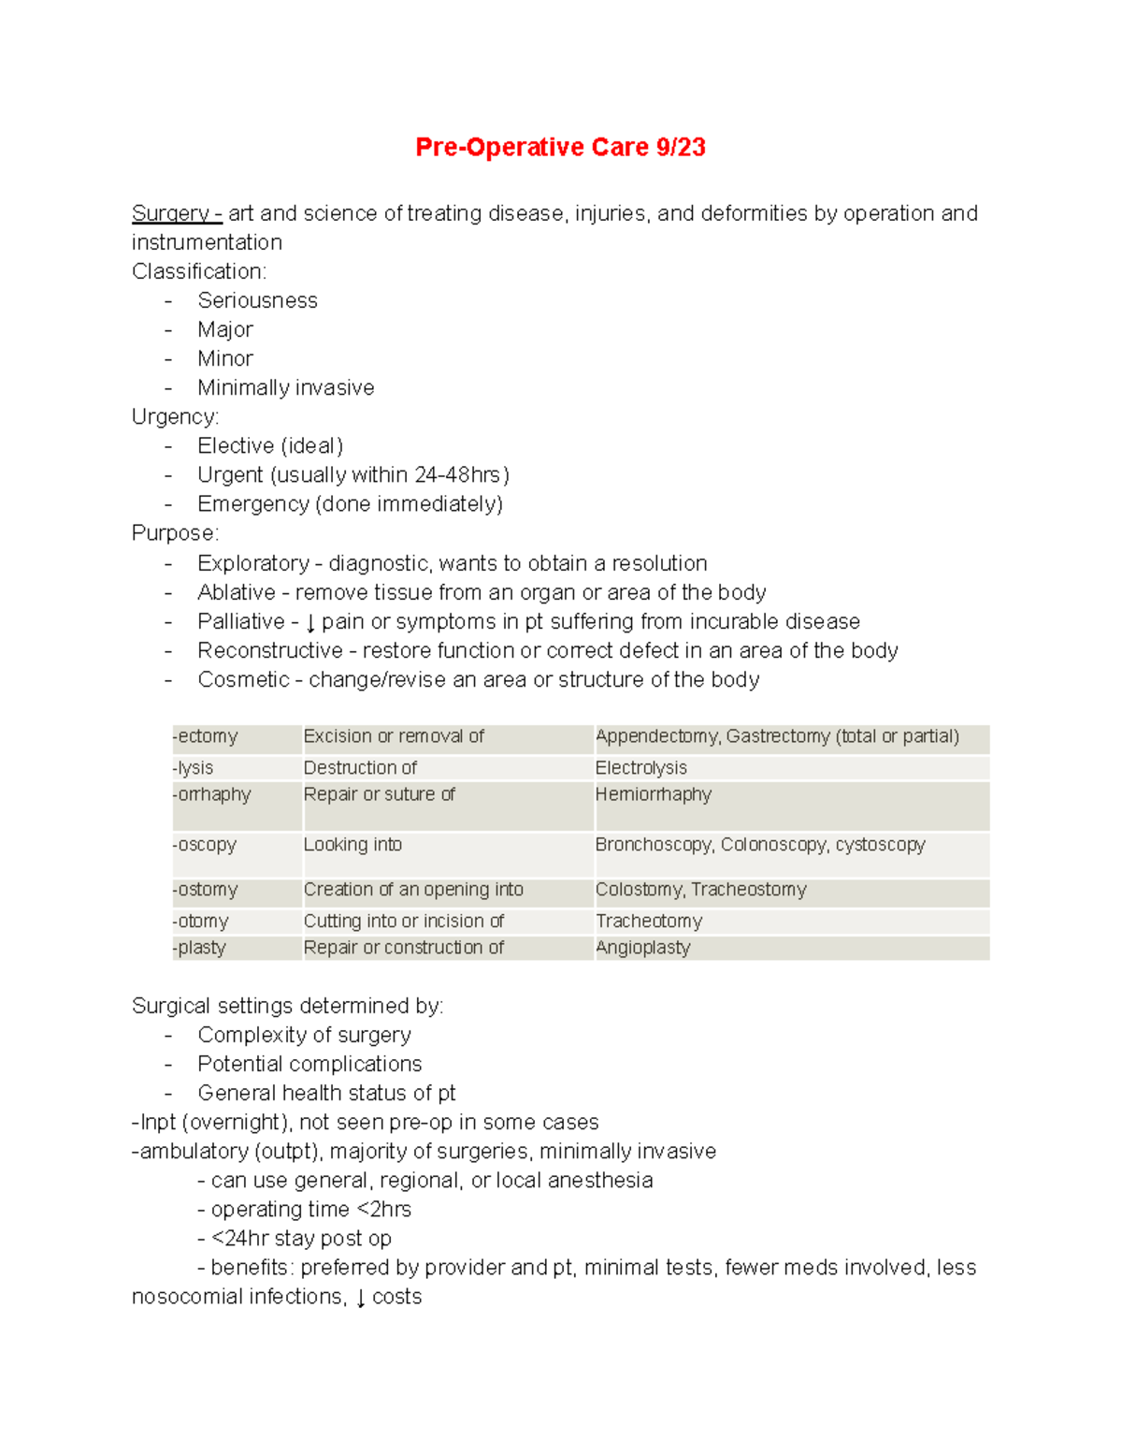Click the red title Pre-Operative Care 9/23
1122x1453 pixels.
[x=560, y=148]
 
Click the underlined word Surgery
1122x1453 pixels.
[x=170, y=213]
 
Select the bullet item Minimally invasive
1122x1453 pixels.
[x=285, y=387]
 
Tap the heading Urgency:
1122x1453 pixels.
[x=175, y=416]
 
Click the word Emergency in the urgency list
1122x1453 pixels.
[x=252, y=504]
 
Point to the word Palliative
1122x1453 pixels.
[x=240, y=622]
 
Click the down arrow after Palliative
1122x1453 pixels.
[x=310, y=623]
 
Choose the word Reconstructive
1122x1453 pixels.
[x=269, y=651]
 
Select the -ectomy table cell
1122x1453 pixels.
[x=206, y=736]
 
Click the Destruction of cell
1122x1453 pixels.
[x=360, y=768]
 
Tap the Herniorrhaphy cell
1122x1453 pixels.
[x=653, y=794]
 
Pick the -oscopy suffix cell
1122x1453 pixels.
[x=205, y=845]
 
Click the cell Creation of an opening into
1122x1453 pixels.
[x=413, y=890]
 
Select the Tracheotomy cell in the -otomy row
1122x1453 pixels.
[x=649, y=922]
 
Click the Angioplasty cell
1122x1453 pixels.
[x=643, y=948]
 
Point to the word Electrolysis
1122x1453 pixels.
[x=641, y=768]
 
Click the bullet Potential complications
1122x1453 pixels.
[x=309, y=1064]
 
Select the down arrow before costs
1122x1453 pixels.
[x=361, y=1299]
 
